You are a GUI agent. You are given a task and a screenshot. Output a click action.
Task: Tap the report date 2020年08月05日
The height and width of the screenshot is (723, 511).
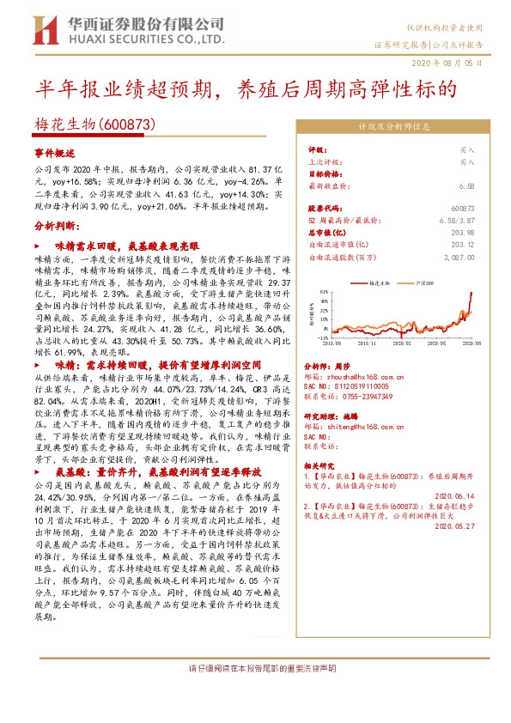pos(452,64)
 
